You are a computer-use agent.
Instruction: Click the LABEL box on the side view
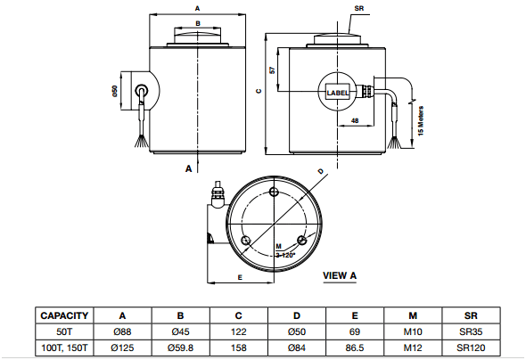click(338, 93)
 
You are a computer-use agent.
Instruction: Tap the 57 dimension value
click(273, 70)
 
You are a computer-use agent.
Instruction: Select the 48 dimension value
click(355, 120)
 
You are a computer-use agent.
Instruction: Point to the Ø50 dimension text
click(115, 91)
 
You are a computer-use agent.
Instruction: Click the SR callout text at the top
click(359, 8)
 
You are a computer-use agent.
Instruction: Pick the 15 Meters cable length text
click(421, 121)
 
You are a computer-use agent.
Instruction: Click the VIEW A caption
click(340, 275)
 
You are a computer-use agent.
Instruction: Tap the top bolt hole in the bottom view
click(275, 192)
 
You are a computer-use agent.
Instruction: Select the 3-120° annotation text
click(285, 255)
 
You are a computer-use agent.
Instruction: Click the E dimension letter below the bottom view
click(240, 277)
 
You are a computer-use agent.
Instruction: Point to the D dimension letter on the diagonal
click(321, 171)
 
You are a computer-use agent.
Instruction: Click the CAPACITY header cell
click(64, 315)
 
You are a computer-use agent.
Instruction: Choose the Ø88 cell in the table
click(122, 331)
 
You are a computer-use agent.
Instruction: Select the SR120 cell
click(471, 348)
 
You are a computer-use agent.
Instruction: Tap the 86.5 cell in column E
click(355, 348)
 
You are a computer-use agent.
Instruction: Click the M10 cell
click(413, 331)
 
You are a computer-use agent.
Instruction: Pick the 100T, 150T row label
click(64, 348)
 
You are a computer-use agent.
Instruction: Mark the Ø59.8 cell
click(180, 348)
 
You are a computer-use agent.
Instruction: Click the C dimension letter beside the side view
click(259, 91)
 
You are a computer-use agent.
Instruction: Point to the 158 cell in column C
click(239, 348)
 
